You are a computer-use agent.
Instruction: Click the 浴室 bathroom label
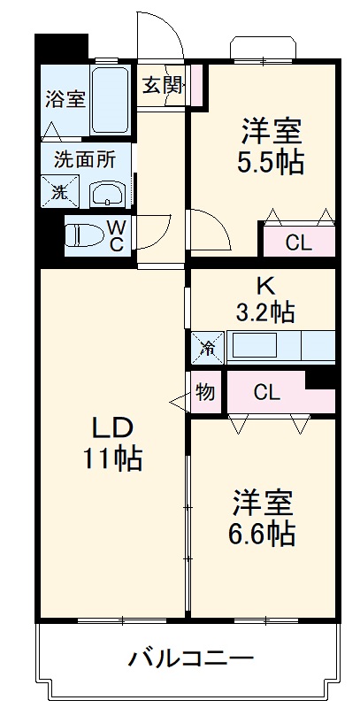click(x=66, y=98)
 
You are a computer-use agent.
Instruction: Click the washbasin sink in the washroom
click(x=109, y=192)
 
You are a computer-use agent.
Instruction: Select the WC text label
click(x=117, y=235)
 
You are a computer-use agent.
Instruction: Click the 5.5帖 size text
click(x=273, y=162)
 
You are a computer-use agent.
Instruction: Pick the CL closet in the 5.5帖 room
click(x=297, y=242)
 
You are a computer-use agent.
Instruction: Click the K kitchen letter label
click(x=264, y=286)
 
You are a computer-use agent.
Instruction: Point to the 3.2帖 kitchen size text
click(x=264, y=312)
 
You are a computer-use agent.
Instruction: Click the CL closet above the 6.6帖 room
click(x=267, y=393)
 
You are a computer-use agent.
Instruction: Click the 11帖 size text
click(x=113, y=459)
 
